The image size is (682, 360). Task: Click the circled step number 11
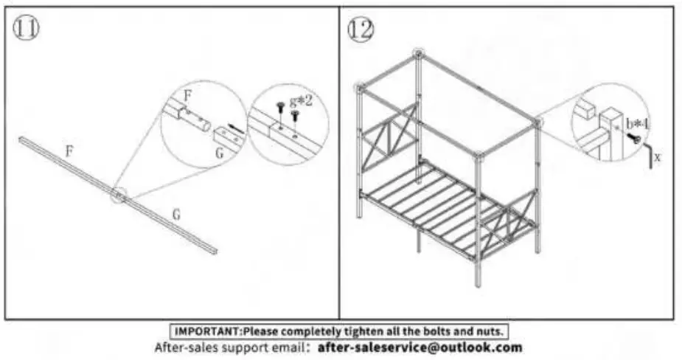coord(26,29)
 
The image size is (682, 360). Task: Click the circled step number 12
coord(361,30)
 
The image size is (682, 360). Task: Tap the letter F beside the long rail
coord(69,151)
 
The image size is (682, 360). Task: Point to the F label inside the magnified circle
coord(187,95)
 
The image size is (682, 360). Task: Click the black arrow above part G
coord(234,126)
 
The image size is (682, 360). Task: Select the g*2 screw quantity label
coord(299,100)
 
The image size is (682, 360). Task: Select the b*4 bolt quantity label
coord(637,123)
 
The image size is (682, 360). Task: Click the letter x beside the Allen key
coord(656,157)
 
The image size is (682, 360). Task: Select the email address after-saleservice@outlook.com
coord(420,347)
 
